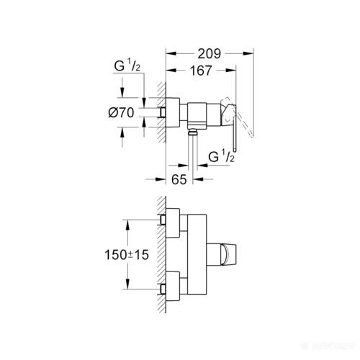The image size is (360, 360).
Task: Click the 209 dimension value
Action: coord(210,53)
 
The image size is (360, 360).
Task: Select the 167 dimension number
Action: coord(202,71)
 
